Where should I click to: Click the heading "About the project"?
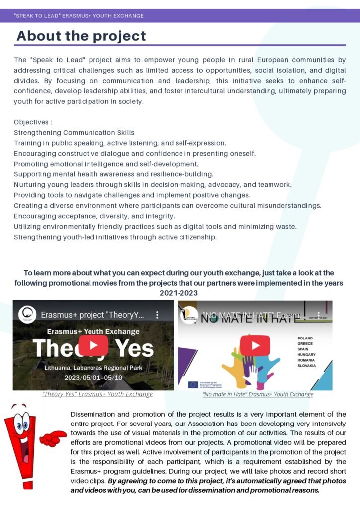tap(81, 36)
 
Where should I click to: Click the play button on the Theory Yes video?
tap(93, 345)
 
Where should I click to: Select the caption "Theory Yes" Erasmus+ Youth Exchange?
tap(97, 394)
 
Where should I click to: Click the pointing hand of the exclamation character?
tap(54, 438)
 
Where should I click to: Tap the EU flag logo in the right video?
tap(193, 384)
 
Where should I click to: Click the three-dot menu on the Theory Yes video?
tap(157, 315)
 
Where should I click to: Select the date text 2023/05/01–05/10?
tap(93, 377)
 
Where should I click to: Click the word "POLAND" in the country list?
tap(305, 338)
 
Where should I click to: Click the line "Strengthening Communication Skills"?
tap(74, 133)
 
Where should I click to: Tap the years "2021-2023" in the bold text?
tap(179, 293)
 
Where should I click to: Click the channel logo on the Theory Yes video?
tap(27, 315)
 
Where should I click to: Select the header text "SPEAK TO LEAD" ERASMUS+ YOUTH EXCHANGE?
tap(79, 16)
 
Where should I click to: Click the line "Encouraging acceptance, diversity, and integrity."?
tap(94, 216)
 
